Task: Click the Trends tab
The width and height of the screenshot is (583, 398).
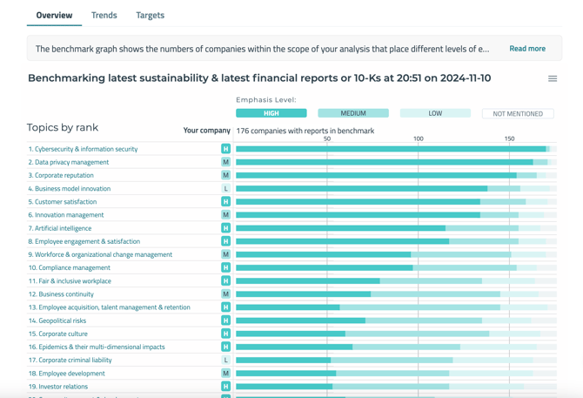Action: [104, 15]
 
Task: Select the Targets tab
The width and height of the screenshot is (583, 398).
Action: [150, 15]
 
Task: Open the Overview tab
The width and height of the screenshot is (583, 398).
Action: [54, 15]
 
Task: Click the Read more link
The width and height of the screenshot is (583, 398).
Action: [527, 49]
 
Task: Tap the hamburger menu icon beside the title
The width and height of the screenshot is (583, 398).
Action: [553, 78]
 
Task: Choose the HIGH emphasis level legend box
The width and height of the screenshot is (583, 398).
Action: [271, 113]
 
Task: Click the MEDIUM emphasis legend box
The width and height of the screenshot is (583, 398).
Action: [353, 113]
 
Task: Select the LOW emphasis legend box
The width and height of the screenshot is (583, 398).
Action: [435, 113]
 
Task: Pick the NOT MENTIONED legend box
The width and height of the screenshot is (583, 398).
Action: [518, 113]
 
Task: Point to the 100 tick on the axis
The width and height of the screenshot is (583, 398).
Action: [419, 138]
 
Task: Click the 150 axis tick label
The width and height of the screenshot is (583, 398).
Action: [509, 138]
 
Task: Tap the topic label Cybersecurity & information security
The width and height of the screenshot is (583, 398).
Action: [83, 149]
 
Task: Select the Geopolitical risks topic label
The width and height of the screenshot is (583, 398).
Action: [57, 320]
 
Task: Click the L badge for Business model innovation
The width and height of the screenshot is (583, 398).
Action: [225, 188]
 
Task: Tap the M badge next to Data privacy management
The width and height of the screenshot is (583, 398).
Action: [225, 162]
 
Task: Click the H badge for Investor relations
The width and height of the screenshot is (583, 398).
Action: [225, 387]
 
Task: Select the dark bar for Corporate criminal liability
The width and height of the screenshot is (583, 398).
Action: [284, 360]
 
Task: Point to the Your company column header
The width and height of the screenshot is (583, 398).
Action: [207, 131]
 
